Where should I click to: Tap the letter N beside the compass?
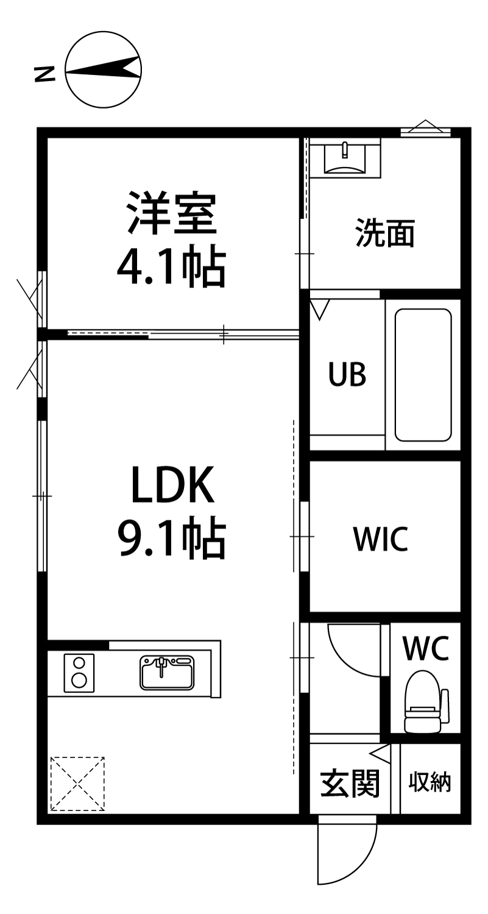point(44,74)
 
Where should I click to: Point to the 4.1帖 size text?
point(171,267)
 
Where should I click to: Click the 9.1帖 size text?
point(171,539)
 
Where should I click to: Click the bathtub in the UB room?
point(423,375)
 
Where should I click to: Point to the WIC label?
point(381,539)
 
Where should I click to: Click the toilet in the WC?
point(423,701)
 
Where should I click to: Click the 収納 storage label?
point(430,781)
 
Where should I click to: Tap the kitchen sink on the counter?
point(166,671)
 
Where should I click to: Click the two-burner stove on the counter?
point(79,671)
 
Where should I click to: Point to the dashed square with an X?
point(77,784)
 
